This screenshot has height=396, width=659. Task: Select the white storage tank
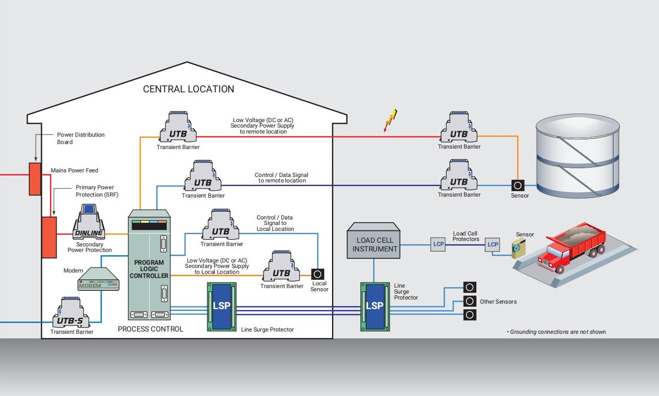click(578, 155)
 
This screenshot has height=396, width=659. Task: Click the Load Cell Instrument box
click(374, 241)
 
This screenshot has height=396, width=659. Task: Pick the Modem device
click(98, 279)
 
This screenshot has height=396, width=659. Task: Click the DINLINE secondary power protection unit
click(89, 223)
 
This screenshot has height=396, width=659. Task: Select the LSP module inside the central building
click(222, 306)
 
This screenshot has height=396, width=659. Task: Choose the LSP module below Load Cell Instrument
click(375, 306)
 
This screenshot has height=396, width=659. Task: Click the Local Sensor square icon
click(317, 274)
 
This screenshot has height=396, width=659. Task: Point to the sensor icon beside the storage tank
click(517, 186)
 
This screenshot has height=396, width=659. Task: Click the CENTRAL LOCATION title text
click(189, 89)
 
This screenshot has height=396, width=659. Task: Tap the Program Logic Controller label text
click(149, 269)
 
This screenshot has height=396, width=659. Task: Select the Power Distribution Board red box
click(35, 179)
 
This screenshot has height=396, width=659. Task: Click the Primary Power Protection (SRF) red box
click(49, 237)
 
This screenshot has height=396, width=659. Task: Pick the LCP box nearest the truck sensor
click(492, 244)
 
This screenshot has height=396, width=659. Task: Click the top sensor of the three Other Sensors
click(470, 287)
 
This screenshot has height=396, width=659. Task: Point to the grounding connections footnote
click(557, 332)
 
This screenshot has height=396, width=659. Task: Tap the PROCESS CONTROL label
click(150, 329)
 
